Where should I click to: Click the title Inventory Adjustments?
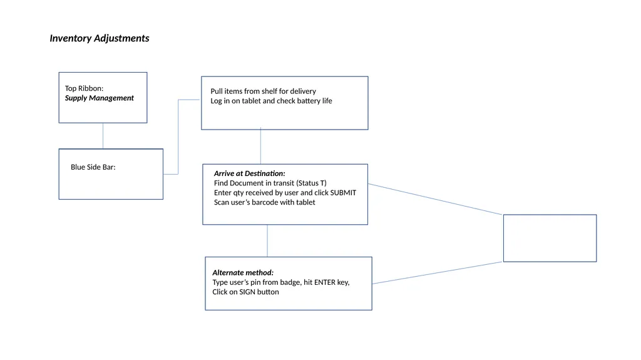click(x=100, y=38)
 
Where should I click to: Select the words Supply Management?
click(x=100, y=98)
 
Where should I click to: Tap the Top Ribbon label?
click(x=85, y=88)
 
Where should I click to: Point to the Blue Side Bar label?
click(x=93, y=167)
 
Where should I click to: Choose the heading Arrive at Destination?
click(x=249, y=173)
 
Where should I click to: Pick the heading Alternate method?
click(x=243, y=272)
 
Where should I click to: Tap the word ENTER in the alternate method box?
click(x=325, y=282)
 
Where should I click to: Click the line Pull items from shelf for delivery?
click(x=264, y=91)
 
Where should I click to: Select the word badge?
click(x=290, y=282)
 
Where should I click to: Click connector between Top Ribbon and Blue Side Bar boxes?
click(x=103, y=136)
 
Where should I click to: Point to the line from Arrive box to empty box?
click(x=436, y=199)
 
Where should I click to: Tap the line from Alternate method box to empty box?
click(x=438, y=273)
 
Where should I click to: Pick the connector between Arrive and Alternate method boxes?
click(x=267, y=241)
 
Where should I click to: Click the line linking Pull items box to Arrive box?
click(x=260, y=147)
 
